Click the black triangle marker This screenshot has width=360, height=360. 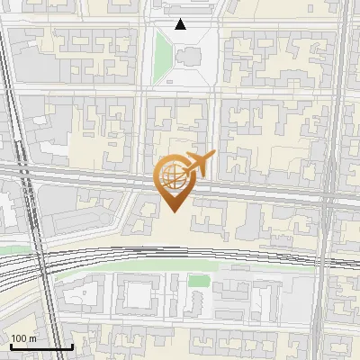(181, 24)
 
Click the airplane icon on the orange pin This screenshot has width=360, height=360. (198, 165)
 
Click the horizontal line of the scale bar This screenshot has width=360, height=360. (41, 346)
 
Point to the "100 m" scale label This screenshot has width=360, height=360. (23, 338)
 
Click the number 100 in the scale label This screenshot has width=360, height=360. (19, 338)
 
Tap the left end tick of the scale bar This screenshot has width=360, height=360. (11, 345)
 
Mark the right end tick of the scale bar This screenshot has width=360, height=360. (72, 345)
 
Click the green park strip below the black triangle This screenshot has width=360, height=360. (162, 56)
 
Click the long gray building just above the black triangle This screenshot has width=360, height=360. (181, 8)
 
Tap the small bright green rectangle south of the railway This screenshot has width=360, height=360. (199, 282)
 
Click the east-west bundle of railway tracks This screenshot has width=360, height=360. (180, 255)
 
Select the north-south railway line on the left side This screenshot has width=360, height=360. (20, 135)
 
